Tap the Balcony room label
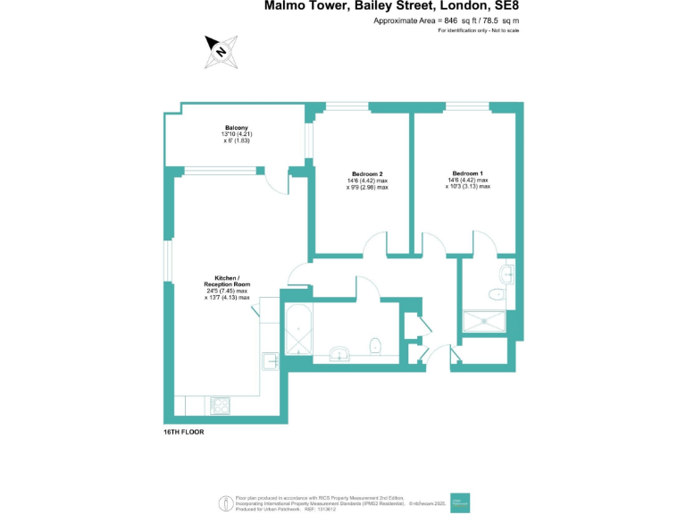click(237, 127)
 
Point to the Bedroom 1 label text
click(467, 173)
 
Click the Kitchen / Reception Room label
click(227, 281)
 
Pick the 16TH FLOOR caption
click(184, 432)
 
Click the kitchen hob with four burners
click(220, 405)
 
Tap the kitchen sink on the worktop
click(271, 360)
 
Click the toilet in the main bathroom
click(376, 345)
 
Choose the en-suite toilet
click(498, 293)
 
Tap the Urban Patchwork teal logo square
click(460, 502)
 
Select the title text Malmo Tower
click(304, 6)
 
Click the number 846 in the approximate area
click(450, 20)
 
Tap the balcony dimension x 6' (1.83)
click(237, 141)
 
